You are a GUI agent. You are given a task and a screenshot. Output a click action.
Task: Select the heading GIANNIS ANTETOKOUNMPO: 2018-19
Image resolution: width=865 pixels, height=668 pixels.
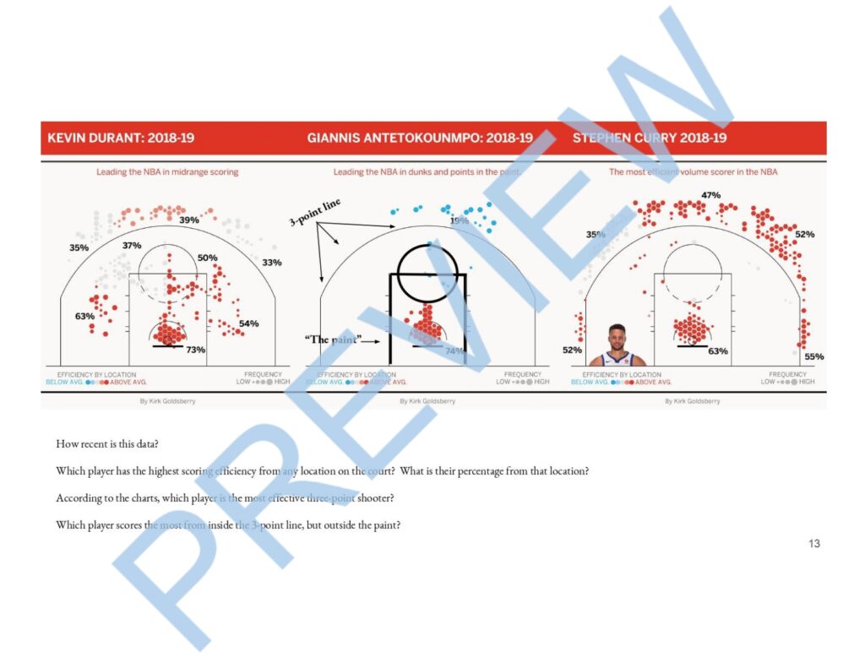click(420, 138)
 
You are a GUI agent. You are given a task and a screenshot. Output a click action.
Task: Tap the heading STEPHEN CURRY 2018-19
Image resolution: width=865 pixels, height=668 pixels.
click(650, 138)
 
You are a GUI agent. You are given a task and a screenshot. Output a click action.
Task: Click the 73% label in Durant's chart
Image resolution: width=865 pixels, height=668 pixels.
click(196, 350)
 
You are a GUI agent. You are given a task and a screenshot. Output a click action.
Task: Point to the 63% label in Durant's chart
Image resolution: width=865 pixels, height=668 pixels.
click(84, 317)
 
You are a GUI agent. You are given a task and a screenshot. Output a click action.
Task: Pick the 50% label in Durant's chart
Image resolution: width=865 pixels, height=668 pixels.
click(208, 258)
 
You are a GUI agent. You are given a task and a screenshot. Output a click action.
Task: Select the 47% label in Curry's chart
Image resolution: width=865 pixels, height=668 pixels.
click(710, 196)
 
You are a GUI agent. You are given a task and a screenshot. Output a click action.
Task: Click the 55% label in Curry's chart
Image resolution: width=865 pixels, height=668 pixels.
click(814, 357)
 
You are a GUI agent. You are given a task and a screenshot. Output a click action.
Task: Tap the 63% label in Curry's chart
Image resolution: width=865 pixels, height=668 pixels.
click(718, 350)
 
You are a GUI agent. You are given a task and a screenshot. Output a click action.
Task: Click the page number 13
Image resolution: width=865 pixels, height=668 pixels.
click(813, 544)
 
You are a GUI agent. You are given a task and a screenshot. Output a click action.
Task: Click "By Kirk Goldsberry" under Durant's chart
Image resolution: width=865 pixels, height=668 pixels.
click(167, 401)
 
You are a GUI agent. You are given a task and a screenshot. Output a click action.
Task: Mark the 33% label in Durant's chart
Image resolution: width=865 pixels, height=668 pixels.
click(272, 263)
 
